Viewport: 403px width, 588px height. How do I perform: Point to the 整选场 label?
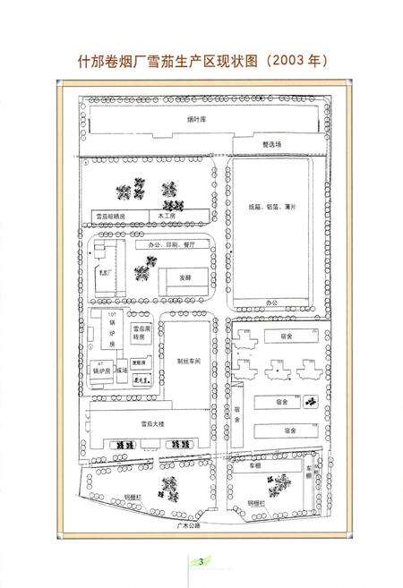tap(272, 143)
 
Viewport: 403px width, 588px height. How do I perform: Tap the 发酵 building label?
tap(184, 278)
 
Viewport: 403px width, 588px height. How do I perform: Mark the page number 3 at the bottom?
tap(202, 560)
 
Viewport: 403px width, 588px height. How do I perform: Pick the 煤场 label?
tap(123, 369)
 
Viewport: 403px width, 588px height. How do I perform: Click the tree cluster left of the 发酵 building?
tap(141, 273)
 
